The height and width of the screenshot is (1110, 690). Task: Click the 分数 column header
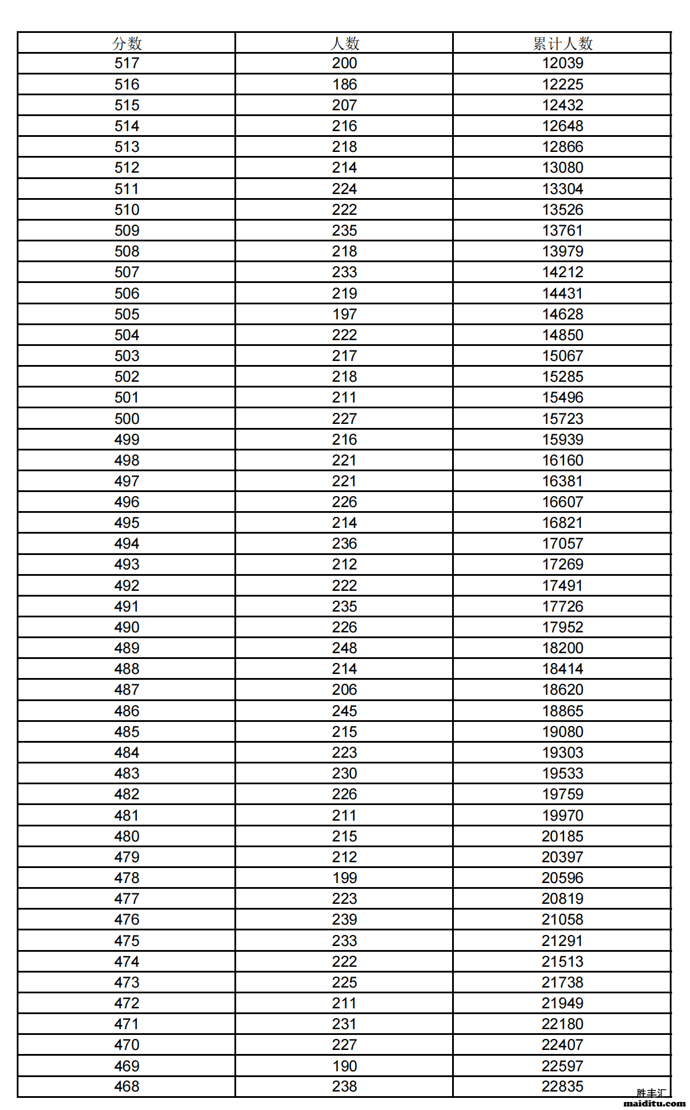point(127,43)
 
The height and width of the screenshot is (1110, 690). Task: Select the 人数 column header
point(345,43)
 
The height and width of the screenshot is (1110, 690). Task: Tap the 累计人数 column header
point(562,43)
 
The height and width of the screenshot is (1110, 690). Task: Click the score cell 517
point(127,63)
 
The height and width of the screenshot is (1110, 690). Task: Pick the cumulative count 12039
point(562,63)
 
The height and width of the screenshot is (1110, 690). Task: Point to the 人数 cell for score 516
point(345,84)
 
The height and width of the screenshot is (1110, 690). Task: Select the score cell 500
point(127,419)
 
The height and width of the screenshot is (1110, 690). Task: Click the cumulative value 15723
point(562,419)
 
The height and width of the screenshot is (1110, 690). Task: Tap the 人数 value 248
point(345,648)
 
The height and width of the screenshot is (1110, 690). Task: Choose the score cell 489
point(127,648)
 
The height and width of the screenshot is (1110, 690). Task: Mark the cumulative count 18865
point(562,711)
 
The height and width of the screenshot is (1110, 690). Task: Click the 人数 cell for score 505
point(345,314)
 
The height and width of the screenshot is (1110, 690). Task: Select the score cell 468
point(127,1086)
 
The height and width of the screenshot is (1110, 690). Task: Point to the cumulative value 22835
point(562,1086)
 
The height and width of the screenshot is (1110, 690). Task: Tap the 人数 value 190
point(345,1066)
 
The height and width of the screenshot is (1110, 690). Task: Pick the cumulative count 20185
point(562,836)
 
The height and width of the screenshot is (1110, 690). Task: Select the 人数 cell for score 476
point(345,919)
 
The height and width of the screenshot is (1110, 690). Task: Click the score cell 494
point(127,543)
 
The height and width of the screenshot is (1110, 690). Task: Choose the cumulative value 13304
point(562,189)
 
